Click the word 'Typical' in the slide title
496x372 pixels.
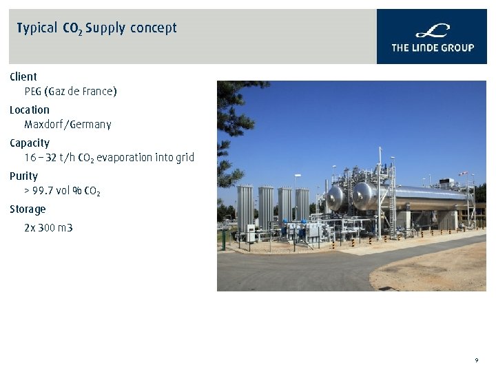point(37,28)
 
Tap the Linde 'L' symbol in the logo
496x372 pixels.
point(433,31)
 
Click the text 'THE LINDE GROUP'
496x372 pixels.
point(433,48)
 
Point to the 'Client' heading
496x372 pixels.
point(23,76)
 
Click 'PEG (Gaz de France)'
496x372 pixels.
point(70,92)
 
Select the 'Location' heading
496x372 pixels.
point(30,110)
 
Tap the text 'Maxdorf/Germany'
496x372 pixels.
point(68,125)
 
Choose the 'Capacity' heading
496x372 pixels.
point(30,143)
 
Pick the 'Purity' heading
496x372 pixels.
point(24,176)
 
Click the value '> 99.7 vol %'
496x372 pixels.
point(53,191)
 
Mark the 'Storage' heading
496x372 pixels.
point(28,209)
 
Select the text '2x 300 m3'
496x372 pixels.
point(48,227)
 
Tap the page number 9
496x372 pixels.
point(476,360)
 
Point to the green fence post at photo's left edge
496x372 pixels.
point(223,240)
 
